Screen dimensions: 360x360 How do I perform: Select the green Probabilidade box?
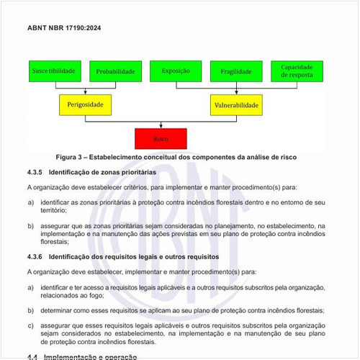coord(115,71)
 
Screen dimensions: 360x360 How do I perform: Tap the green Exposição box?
coord(176,71)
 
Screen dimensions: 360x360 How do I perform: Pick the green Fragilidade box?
coord(236,71)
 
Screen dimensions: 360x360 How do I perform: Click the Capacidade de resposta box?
coord(297,71)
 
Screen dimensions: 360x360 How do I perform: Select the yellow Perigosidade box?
coord(85,105)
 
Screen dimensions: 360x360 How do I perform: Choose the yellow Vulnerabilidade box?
coord(236,105)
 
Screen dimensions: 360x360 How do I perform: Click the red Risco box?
coord(161,138)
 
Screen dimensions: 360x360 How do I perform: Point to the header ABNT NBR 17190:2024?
coord(65,27)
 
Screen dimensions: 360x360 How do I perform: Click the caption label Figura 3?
coord(72,157)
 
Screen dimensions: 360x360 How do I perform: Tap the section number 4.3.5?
coord(35,173)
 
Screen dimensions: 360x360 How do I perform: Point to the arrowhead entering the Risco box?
coord(161,126)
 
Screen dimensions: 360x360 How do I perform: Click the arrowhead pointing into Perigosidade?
coord(85,93)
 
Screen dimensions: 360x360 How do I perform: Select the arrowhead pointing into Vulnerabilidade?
coord(236,93)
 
